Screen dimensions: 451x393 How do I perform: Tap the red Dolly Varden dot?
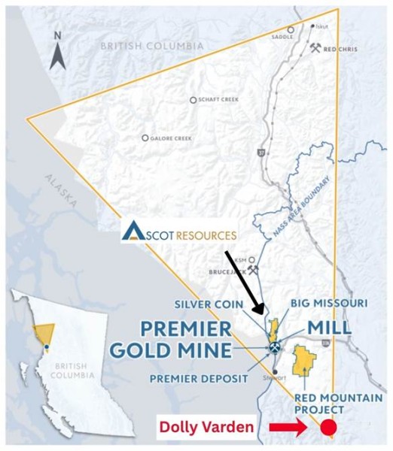coord(328,429)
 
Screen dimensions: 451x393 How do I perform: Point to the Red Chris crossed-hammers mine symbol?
coord(314,47)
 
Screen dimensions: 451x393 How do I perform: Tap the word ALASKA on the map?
coord(61,189)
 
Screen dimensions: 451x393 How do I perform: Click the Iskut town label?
coord(321,25)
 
